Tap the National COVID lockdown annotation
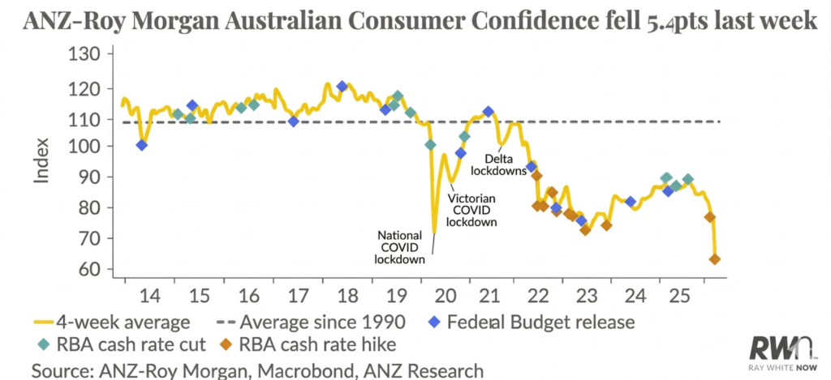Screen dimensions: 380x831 coord(401,247)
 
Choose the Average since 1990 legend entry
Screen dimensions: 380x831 coord(319,322)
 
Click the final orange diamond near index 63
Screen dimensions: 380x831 coord(715,259)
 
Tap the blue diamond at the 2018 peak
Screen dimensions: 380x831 coord(342,87)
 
